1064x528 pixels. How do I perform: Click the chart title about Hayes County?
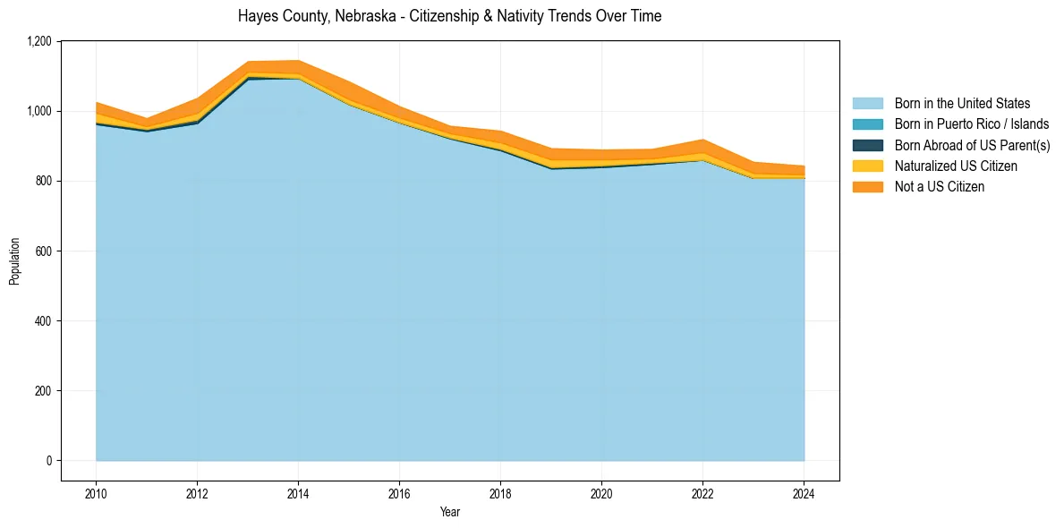click(x=449, y=16)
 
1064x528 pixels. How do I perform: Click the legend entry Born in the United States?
click(x=962, y=104)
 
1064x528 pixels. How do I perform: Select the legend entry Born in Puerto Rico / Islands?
click(x=971, y=124)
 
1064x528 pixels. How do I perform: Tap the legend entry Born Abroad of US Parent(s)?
click(x=972, y=145)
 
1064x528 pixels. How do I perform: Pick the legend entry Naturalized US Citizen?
click(x=956, y=166)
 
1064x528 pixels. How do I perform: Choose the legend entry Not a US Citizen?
click(x=939, y=187)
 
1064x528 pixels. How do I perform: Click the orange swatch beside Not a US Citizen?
click(x=867, y=187)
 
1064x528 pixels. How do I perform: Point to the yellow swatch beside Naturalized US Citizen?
click(x=867, y=166)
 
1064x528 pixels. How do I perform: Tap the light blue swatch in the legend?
click(x=867, y=104)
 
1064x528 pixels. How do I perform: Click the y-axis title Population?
click(x=14, y=261)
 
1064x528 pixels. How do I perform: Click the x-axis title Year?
click(x=450, y=512)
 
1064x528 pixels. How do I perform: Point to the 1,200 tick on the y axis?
click(x=39, y=41)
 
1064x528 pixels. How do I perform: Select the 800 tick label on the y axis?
click(x=44, y=181)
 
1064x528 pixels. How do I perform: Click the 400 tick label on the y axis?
click(x=44, y=321)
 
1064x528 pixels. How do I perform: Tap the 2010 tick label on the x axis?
click(x=96, y=492)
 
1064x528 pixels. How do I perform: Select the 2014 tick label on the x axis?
click(x=298, y=492)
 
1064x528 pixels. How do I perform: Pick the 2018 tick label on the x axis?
click(x=500, y=492)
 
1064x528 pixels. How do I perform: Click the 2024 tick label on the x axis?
click(x=804, y=492)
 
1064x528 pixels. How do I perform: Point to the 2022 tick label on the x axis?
click(x=702, y=492)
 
